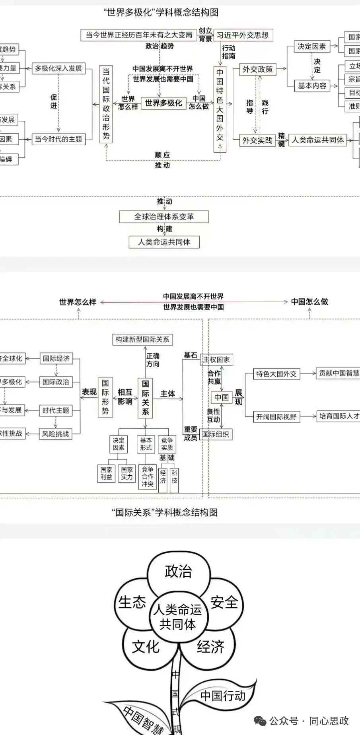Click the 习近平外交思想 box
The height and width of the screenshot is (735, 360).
point(243,35)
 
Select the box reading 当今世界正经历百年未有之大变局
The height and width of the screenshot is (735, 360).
point(139,35)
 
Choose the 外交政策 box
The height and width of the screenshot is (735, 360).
point(257,69)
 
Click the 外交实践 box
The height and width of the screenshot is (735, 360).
point(257,140)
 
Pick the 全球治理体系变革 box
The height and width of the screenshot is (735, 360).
point(164,217)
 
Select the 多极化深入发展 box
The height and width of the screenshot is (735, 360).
point(58,68)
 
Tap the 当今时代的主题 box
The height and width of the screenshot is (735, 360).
point(58,139)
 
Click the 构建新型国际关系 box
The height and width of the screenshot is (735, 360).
point(142,339)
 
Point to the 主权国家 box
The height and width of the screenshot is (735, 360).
point(216,360)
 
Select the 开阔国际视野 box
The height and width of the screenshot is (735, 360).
point(276,416)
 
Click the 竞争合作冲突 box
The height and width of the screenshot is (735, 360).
point(147,476)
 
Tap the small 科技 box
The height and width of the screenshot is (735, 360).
point(174,476)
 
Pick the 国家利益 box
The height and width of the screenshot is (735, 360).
point(106,473)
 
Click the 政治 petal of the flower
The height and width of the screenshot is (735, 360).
point(178,572)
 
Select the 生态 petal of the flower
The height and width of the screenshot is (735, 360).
point(132,602)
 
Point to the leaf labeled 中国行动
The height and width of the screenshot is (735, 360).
point(222,695)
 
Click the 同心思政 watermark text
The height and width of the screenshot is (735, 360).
point(329,721)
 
